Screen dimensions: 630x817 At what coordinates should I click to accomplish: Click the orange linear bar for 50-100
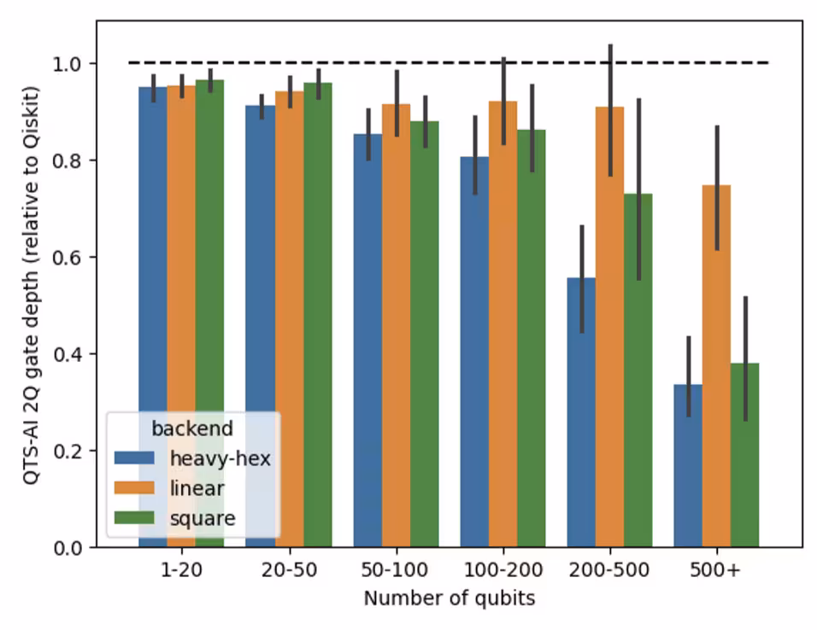396,325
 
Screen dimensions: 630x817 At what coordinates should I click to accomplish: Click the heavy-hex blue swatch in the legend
135,458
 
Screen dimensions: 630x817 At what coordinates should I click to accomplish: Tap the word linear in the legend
197,487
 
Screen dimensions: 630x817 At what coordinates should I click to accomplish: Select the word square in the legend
203,517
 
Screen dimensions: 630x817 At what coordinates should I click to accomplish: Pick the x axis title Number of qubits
450,598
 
